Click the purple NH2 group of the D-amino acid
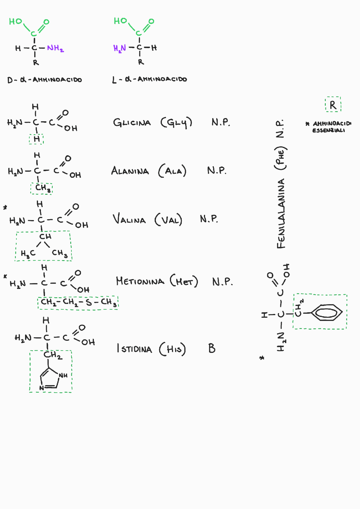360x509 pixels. pyautogui.click(x=55, y=48)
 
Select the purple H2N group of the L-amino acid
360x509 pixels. pyautogui.click(x=120, y=48)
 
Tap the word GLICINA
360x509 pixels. pyautogui.click(x=132, y=123)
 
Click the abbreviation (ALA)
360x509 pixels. pyautogui.click(x=172, y=171)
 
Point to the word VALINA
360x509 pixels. pyautogui.click(x=129, y=219)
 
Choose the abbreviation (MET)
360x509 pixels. pyautogui.click(x=184, y=281)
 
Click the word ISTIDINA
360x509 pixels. pyautogui.click(x=134, y=349)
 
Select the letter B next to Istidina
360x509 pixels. pyautogui.click(x=212, y=348)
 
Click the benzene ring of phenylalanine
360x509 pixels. pyautogui.click(x=327, y=312)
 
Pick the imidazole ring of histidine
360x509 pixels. pyautogui.click(x=49, y=379)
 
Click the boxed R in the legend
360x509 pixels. pyautogui.click(x=333, y=105)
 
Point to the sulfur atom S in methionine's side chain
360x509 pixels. pyautogui.click(x=89, y=302)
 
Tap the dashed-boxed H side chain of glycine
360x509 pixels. pyautogui.click(x=37, y=139)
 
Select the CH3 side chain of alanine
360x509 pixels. pyautogui.click(x=42, y=188)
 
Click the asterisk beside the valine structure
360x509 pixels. pyautogui.click(x=5, y=208)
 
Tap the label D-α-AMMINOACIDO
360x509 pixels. pyautogui.click(x=44, y=80)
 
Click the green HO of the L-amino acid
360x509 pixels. pyautogui.click(x=120, y=21)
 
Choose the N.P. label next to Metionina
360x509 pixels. pyautogui.click(x=222, y=282)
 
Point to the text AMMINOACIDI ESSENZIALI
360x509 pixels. pyautogui.click(x=328, y=127)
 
